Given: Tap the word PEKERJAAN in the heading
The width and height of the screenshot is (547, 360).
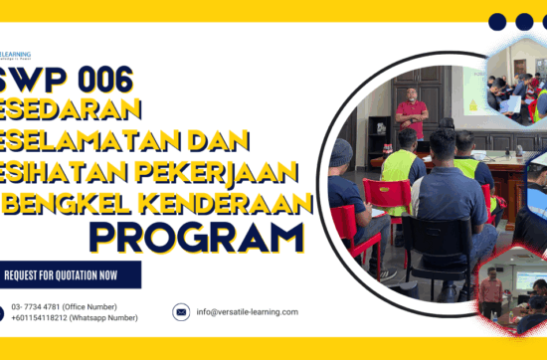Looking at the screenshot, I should (229, 172).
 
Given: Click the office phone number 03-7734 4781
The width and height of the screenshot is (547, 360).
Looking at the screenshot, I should (64, 306).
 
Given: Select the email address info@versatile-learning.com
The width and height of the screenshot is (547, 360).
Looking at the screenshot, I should (248, 312).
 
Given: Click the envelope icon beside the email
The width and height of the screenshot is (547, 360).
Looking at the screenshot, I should (181, 312).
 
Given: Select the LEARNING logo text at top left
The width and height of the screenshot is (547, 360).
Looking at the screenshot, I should (16, 55).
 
